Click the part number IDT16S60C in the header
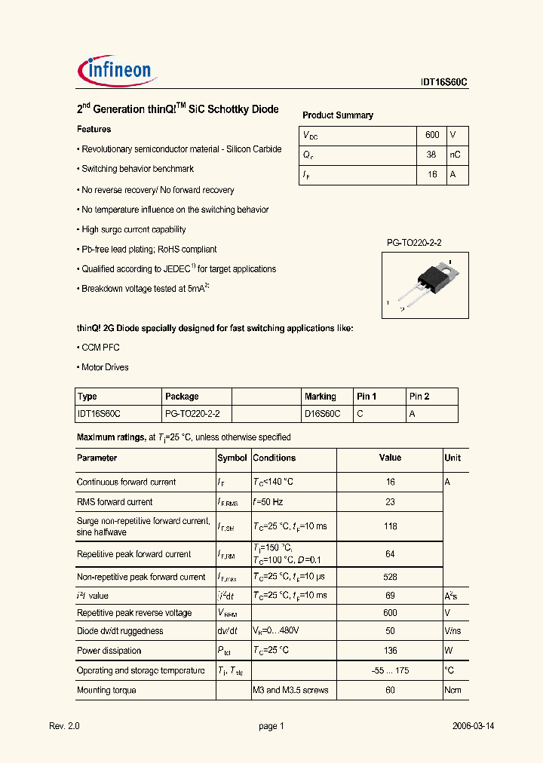tap(444, 84)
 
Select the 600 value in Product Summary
tap(432, 135)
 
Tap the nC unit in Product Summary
tap(455, 155)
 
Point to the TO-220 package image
tap(425, 283)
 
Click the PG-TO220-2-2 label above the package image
tap(414, 243)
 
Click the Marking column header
tap(321, 397)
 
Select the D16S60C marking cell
tap(323, 414)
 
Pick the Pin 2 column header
tap(419, 397)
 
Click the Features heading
tap(94, 129)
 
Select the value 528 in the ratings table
tap(390, 577)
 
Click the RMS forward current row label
tap(115, 501)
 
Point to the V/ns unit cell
tap(452, 631)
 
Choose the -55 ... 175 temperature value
tap(390, 670)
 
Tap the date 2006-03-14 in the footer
tap(473, 726)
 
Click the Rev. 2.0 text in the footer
tap(64, 726)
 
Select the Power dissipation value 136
tap(390, 651)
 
